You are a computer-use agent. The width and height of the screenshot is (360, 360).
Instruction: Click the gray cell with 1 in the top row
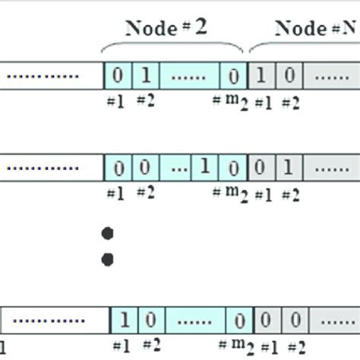point(261,76)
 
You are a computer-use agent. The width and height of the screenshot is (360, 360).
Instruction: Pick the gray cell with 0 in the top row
point(290,76)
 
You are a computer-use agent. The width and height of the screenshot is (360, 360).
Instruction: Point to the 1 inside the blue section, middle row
point(204,166)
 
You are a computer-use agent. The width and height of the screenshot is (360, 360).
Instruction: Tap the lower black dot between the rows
point(108,260)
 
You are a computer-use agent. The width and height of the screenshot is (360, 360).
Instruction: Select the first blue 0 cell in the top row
point(118,76)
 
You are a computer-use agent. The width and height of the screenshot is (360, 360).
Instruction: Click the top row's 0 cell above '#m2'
point(233,76)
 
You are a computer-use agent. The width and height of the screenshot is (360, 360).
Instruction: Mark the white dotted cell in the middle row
point(49,166)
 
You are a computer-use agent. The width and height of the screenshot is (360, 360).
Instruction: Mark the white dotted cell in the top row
point(49,76)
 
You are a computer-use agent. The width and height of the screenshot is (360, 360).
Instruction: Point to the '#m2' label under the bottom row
point(233,346)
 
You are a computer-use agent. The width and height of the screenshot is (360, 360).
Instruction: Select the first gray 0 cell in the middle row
point(261,166)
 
